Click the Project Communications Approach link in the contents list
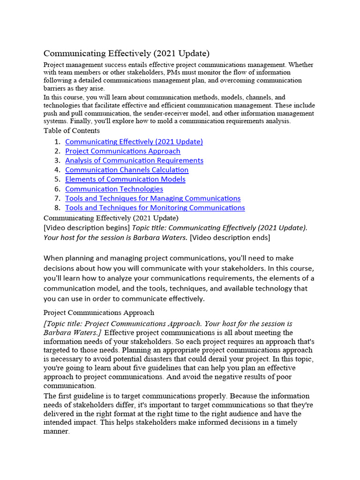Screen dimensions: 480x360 122,151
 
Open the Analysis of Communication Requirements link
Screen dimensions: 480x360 134,160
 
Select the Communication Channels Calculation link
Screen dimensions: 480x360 127,170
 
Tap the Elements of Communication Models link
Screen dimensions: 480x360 125,179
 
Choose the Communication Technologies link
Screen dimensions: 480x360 114,189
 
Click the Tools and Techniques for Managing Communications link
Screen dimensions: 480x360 153,198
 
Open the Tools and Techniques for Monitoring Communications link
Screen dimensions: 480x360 155,208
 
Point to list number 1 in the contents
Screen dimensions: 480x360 57,142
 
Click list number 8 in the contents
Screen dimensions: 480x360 57,208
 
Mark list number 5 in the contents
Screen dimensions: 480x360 57,179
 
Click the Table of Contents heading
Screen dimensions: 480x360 71,131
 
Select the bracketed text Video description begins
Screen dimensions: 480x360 87,227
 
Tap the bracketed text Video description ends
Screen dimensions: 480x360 230,238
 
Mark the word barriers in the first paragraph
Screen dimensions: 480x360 55,88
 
